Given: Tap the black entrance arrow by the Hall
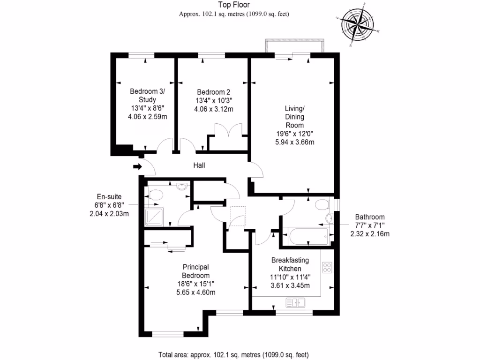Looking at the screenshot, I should (137, 166).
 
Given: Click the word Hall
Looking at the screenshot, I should (199, 165).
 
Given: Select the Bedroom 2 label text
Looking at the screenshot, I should (213, 92).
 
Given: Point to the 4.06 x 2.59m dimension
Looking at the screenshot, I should (147, 117).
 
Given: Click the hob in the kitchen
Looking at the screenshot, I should (327, 268).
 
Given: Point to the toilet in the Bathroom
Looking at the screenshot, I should (322, 205).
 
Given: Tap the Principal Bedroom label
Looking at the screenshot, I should (196, 271).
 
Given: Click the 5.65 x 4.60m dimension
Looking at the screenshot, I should (196, 292).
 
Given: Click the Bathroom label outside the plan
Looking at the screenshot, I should (370, 217).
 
